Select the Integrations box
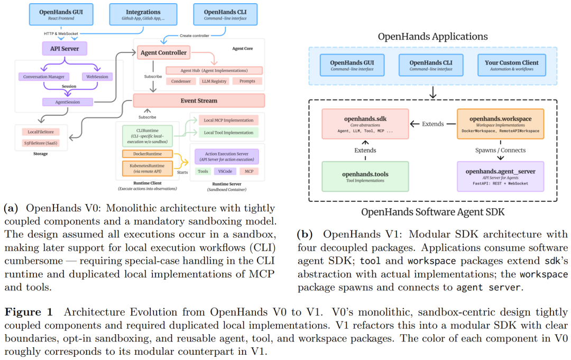[143, 14]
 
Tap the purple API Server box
[65, 49]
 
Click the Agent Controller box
[163, 53]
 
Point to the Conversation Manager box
[43, 77]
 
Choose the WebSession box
[97, 77]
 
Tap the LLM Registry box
[214, 81]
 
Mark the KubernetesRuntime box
[146, 169]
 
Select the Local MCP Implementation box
[228, 121]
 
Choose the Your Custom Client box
[511, 65]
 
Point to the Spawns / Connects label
[500, 150]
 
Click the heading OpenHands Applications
[432, 36]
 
